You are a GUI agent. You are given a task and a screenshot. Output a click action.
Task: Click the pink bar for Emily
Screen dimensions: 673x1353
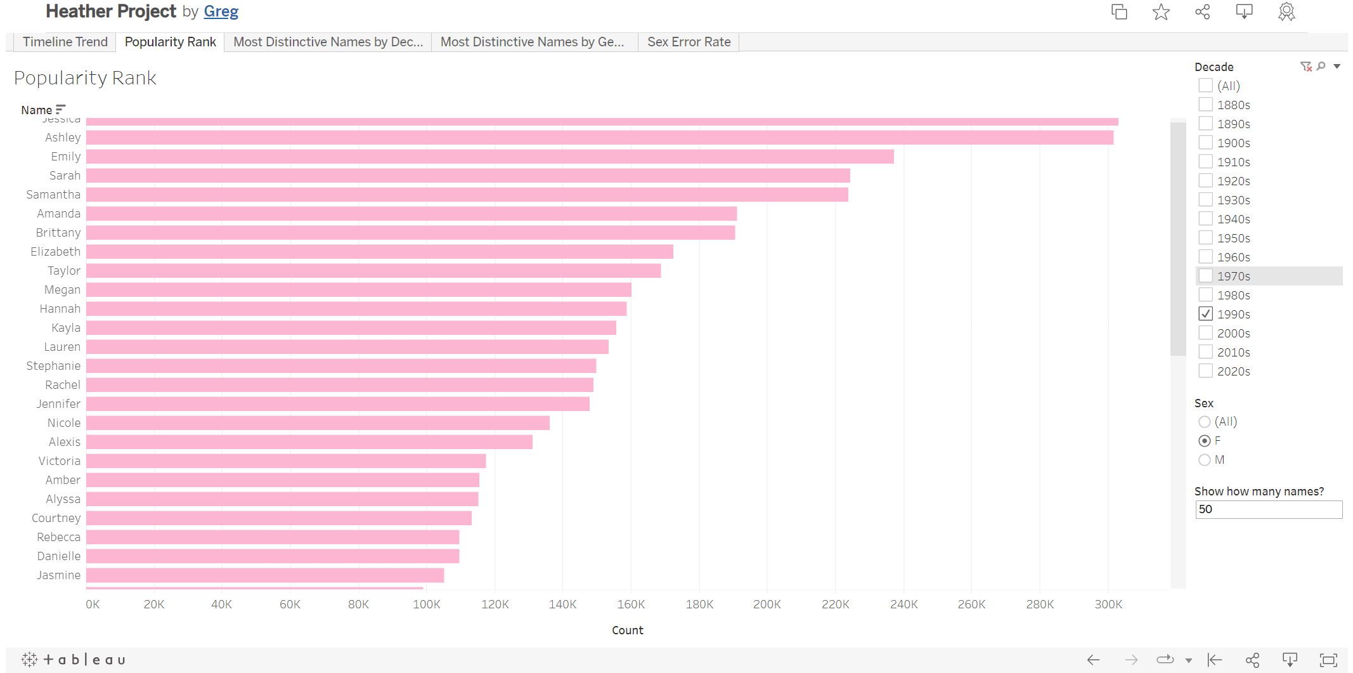coord(489,157)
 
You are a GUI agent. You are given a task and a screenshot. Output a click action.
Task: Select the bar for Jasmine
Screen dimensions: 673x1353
coord(265,575)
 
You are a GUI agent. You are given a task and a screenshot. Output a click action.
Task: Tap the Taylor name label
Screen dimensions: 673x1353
coord(64,271)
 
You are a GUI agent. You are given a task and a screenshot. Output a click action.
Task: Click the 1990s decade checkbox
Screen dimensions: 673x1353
coord(1206,314)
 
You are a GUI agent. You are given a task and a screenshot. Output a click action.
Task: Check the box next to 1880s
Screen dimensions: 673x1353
coord(1206,105)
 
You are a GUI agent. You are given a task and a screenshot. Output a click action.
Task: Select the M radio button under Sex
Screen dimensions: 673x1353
coord(1205,460)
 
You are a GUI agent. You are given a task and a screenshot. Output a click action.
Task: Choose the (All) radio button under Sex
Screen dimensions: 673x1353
coord(1205,422)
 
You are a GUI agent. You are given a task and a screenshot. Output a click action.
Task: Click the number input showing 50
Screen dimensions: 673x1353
coord(1268,509)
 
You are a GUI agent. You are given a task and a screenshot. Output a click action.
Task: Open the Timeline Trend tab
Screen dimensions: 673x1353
coord(65,42)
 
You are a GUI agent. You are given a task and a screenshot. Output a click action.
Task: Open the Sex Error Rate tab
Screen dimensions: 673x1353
coord(689,42)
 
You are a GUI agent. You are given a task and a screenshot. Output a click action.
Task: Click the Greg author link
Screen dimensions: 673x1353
coord(221,11)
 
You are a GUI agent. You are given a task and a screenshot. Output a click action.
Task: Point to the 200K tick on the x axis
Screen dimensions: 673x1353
coord(767,604)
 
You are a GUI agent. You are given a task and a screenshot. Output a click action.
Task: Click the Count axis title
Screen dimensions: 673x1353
coord(627,630)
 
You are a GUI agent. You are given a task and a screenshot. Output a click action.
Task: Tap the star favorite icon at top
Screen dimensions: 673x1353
coord(1161,12)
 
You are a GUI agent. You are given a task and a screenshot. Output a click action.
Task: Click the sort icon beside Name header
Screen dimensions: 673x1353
coord(60,110)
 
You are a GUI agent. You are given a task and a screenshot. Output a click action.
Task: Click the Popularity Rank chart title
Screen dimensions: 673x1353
coord(85,78)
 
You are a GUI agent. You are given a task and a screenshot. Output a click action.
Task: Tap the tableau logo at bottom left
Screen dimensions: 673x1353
coord(74,660)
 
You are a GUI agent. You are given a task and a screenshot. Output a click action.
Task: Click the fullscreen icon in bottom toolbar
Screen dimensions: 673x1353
coord(1328,660)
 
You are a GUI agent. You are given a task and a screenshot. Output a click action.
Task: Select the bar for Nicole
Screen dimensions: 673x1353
coord(318,423)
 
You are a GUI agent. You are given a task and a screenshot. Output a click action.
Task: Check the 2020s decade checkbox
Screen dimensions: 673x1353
coord(1206,371)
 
